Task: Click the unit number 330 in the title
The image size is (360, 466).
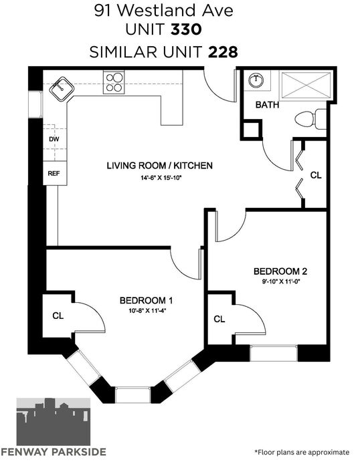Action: coord(187,29)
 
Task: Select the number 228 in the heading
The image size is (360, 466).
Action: coord(223,52)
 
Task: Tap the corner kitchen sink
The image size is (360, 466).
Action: coord(62,88)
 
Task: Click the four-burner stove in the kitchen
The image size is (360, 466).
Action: coord(114,82)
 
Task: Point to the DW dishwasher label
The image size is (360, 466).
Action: coord(54,139)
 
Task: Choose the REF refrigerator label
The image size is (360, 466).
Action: coord(54,173)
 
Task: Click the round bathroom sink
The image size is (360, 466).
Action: coord(256,80)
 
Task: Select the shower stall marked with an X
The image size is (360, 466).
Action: coord(306,85)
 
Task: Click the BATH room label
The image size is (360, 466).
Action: coord(267,105)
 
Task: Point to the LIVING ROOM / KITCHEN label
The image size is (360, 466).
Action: coord(160,166)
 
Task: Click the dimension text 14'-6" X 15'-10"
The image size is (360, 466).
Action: coord(161,178)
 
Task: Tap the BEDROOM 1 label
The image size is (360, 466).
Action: coord(146,300)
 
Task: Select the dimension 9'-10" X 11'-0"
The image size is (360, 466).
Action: coord(280,281)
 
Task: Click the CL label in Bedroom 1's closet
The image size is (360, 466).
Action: coord(58,316)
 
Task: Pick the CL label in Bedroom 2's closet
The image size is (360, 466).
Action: coord(219,319)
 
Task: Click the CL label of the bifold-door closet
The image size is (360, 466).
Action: coord(316,175)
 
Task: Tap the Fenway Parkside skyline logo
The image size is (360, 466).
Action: coord(54,422)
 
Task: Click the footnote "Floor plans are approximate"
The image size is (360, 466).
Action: coord(302,453)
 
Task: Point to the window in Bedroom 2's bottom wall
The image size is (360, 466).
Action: coord(274,353)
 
